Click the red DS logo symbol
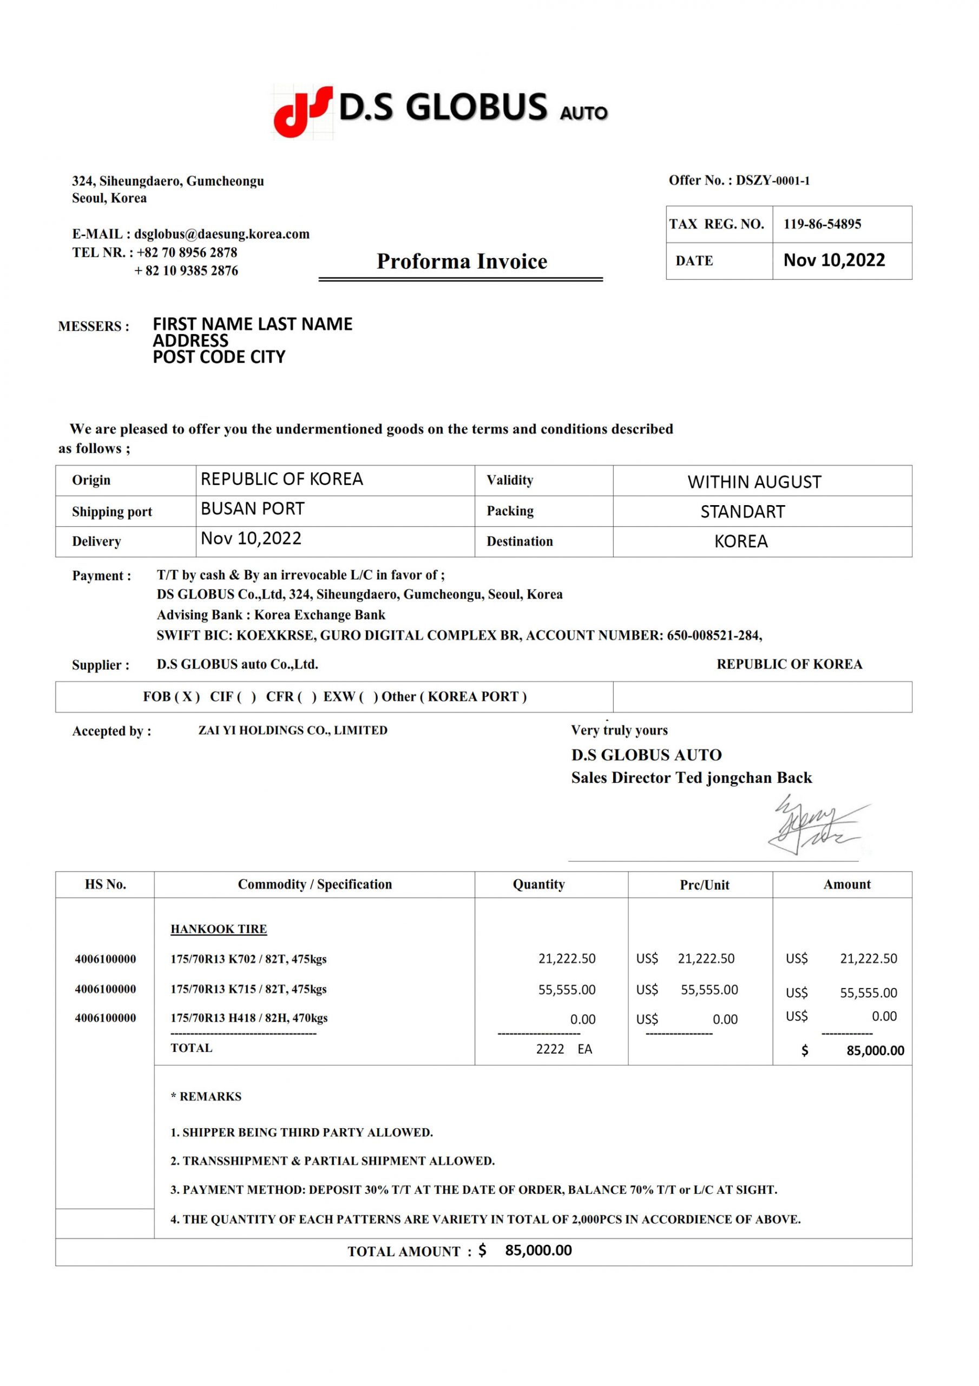(301, 111)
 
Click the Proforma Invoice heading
(462, 261)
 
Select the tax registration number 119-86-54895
(822, 224)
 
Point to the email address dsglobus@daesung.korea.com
(221, 234)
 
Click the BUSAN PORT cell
(252, 509)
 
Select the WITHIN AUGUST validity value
(754, 482)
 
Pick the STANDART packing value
(743, 512)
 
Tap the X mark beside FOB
(187, 697)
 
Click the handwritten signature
(812, 825)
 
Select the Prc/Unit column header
(705, 885)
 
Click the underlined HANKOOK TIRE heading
(219, 929)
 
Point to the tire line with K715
(248, 989)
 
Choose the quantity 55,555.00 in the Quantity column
(566, 989)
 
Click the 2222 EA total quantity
(564, 1049)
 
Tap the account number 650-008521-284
(713, 635)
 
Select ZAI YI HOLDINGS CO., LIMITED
(293, 730)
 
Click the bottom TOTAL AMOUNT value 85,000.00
(538, 1250)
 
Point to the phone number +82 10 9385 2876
(186, 271)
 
